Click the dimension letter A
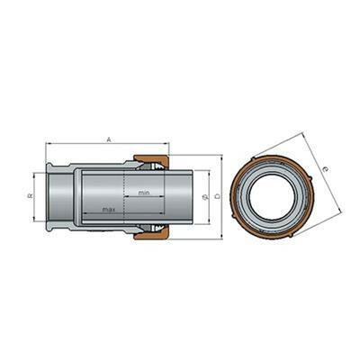click(108, 139)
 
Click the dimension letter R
click(30, 196)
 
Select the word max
click(107, 209)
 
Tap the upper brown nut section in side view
click(150, 163)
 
